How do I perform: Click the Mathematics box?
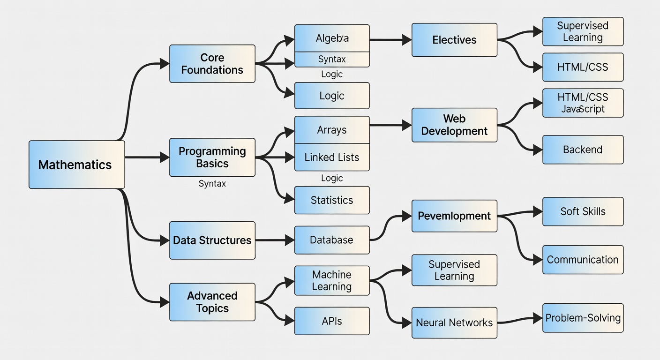coord(76,165)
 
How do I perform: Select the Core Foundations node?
coord(212,64)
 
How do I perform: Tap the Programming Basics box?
coord(212,157)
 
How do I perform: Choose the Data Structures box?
coord(212,240)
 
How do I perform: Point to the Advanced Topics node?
coord(212,302)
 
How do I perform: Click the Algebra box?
coord(332,38)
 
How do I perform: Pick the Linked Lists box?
coord(332,157)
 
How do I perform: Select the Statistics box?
coord(332,200)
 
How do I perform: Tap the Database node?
coord(332,240)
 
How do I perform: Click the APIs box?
coord(332,321)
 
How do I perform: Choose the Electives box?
coord(454,40)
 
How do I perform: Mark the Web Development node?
coord(454,125)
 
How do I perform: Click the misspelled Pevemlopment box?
coord(454,216)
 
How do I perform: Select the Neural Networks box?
coord(454,322)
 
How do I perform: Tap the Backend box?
coord(583,150)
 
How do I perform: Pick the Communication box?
coord(583,260)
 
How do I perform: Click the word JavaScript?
coord(583,109)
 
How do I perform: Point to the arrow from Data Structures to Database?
coord(275,240)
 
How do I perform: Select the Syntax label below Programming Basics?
coord(212,184)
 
